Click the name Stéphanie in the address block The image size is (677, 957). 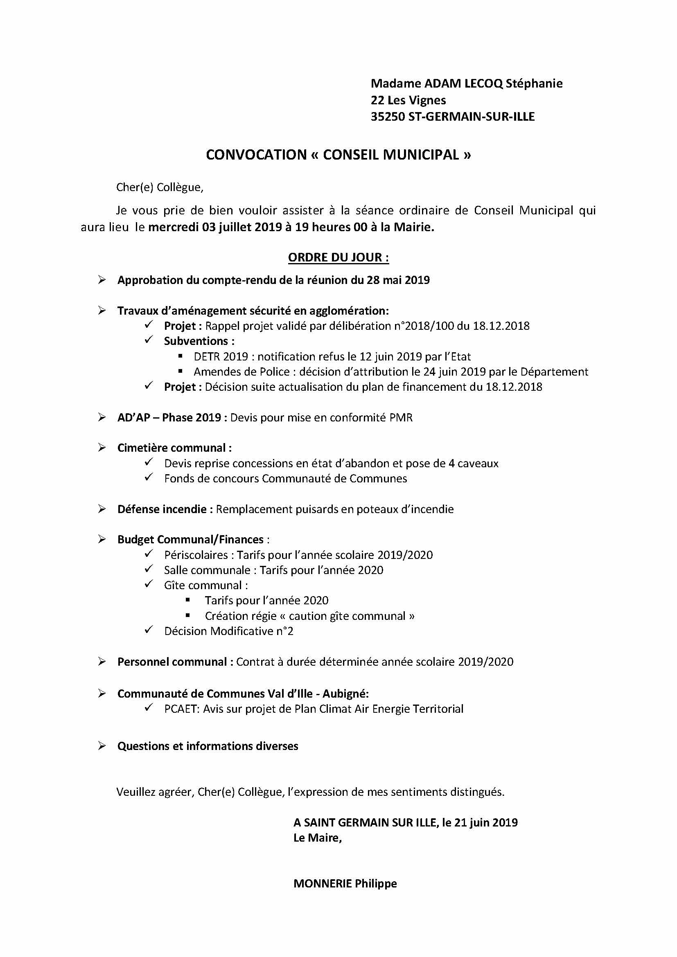[534, 83]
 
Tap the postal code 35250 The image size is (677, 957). [388, 117]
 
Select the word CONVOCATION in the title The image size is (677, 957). [256, 155]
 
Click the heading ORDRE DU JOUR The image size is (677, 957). [338, 257]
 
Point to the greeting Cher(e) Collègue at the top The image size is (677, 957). [159, 187]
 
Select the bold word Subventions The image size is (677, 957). [196, 341]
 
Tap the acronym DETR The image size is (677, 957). [207, 357]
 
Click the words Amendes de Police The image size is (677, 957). [241, 372]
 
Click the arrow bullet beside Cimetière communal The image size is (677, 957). [102, 448]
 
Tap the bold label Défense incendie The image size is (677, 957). [162, 509]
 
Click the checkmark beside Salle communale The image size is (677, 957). [149, 570]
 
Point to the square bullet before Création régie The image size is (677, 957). [188, 615]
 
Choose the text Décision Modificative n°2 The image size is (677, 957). [228, 631]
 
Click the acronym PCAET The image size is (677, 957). [181, 709]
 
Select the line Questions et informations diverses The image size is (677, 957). [208, 746]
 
